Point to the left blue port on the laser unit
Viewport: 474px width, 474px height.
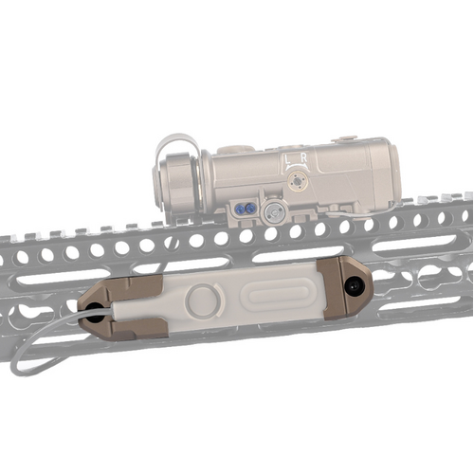pos(241,209)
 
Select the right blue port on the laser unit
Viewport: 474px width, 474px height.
pos(250,209)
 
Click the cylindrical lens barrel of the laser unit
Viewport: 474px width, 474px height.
pos(178,182)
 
